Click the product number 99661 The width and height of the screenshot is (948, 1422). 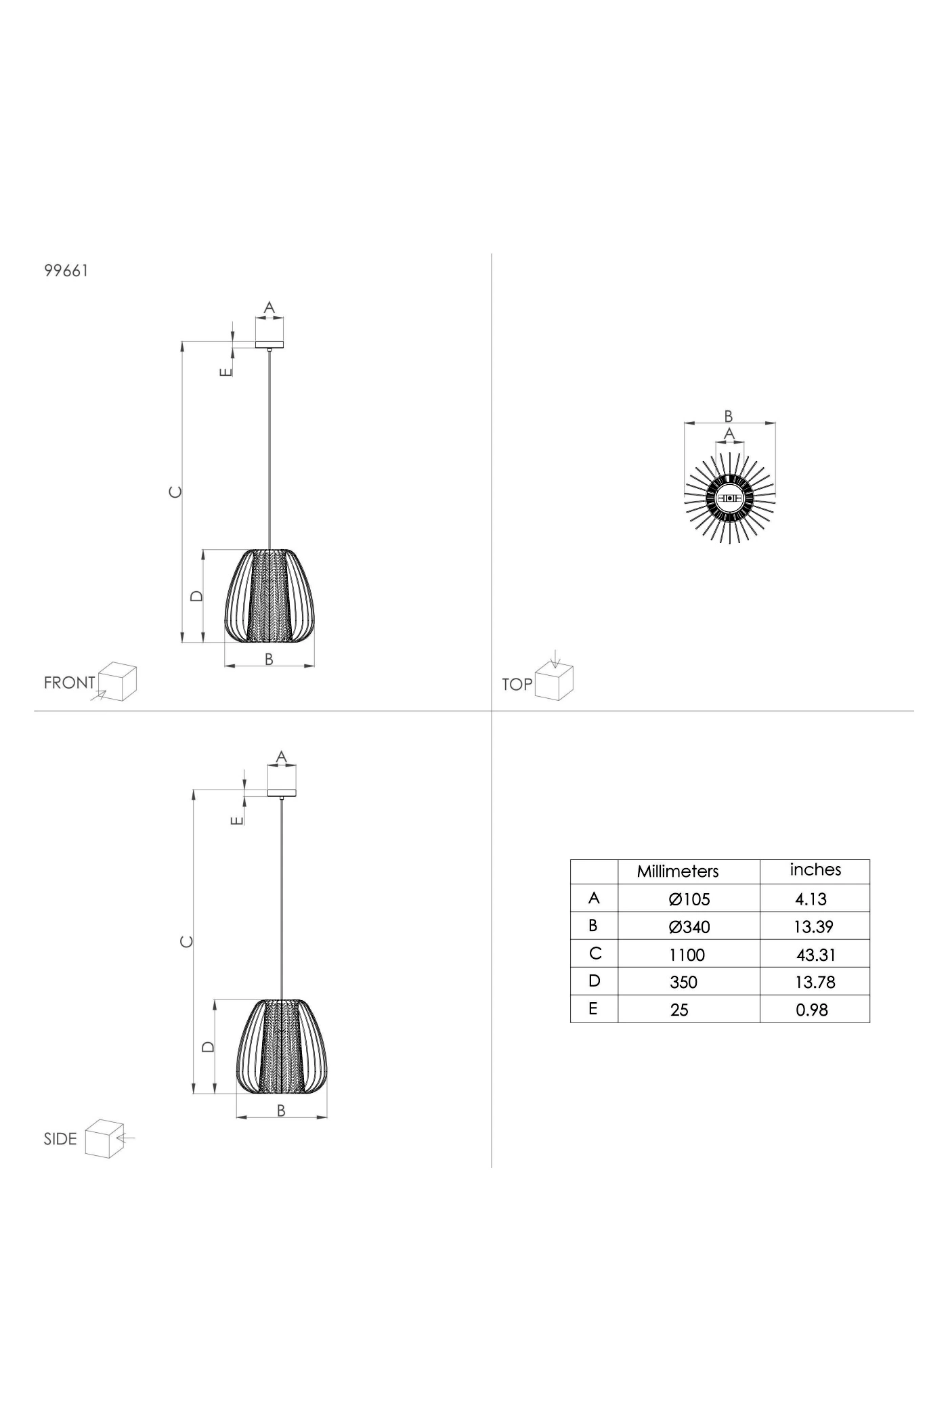point(66,271)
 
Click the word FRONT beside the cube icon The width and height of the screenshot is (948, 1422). point(69,683)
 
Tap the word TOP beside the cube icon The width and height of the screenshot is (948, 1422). point(517,685)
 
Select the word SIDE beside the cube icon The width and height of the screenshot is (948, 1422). point(60,1139)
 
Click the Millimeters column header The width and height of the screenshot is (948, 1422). point(678,871)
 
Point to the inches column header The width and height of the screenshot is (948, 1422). point(815,870)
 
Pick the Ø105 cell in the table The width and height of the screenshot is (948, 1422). point(689,899)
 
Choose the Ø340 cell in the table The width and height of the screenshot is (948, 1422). point(689,927)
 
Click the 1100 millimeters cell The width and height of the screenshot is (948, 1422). point(687,955)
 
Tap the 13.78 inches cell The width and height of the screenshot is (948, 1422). point(815,982)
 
